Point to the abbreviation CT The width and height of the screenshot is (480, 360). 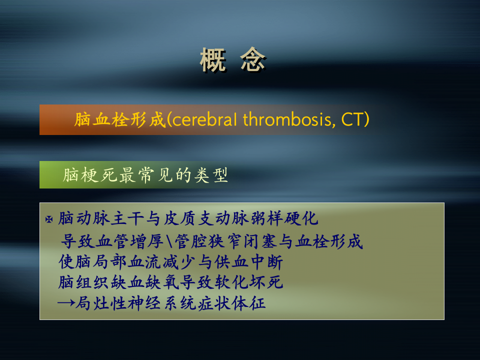tap(353, 120)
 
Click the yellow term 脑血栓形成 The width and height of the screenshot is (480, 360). tap(119, 120)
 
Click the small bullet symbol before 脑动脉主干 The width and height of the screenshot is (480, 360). tap(49, 219)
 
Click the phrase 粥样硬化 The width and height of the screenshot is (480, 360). tap(289, 219)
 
